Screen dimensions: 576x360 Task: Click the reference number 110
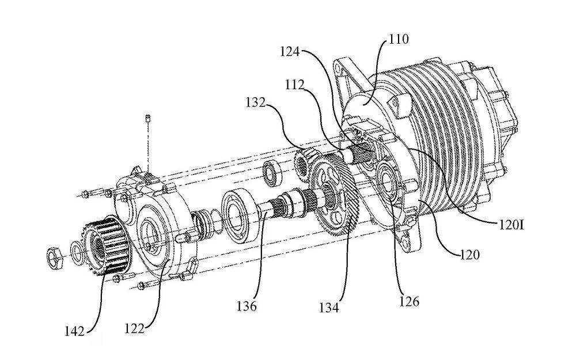pos(399,39)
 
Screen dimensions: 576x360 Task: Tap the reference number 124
pos(290,51)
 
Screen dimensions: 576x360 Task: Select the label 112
pos(295,85)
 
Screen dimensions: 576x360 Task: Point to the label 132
pos(256,103)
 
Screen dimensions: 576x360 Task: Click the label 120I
pos(510,225)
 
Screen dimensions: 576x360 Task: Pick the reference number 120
pos(469,254)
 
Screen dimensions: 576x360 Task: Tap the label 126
pos(409,301)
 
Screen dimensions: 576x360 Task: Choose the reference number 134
pos(329,308)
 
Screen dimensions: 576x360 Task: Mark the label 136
pos(246,306)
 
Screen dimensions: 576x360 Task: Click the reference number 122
pos(134,328)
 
